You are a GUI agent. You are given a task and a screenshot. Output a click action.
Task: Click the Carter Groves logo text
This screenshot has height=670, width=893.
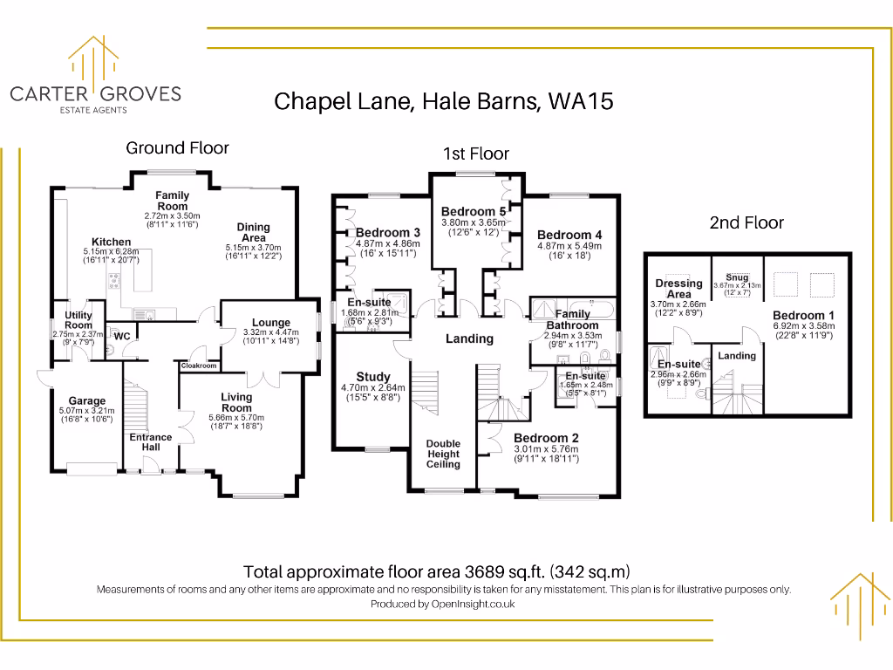pyautogui.click(x=94, y=93)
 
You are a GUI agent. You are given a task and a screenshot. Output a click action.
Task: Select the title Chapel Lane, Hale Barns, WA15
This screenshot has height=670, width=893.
pyautogui.click(x=444, y=101)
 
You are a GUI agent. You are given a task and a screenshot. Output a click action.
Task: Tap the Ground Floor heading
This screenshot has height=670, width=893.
pyautogui.click(x=177, y=147)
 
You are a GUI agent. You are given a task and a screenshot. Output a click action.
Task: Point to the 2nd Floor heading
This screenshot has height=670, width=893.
pyautogui.click(x=746, y=222)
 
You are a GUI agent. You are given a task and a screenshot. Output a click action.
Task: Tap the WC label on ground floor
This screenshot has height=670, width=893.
pyautogui.click(x=122, y=336)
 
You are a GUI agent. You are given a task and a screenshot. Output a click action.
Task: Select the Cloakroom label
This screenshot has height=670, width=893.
pyautogui.click(x=199, y=366)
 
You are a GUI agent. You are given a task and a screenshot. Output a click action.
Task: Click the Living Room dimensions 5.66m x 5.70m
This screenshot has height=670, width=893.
pyautogui.click(x=235, y=418)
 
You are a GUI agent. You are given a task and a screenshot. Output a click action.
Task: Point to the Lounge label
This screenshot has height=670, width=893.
pyautogui.click(x=271, y=322)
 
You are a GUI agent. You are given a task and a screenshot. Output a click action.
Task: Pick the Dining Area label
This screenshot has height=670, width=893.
pyautogui.click(x=254, y=232)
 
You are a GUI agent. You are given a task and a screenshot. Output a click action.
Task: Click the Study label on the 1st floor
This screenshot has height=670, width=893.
pyautogui.click(x=373, y=377)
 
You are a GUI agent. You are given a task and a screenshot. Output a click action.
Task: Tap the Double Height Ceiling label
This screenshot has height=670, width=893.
pyautogui.click(x=443, y=454)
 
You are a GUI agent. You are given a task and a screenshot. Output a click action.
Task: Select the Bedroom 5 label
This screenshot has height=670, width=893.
pyautogui.click(x=474, y=211)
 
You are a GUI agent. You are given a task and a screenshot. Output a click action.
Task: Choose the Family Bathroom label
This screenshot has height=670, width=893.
pyautogui.click(x=572, y=319)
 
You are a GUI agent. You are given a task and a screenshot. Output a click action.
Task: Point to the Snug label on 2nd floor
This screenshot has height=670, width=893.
pyautogui.click(x=738, y=277)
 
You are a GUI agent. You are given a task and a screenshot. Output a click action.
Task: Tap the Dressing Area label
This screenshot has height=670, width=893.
pyautogui.click(x=678, y=289)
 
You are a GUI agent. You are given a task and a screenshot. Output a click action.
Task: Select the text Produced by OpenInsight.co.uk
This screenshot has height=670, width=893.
pyautogui.click(x=443, y=604)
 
